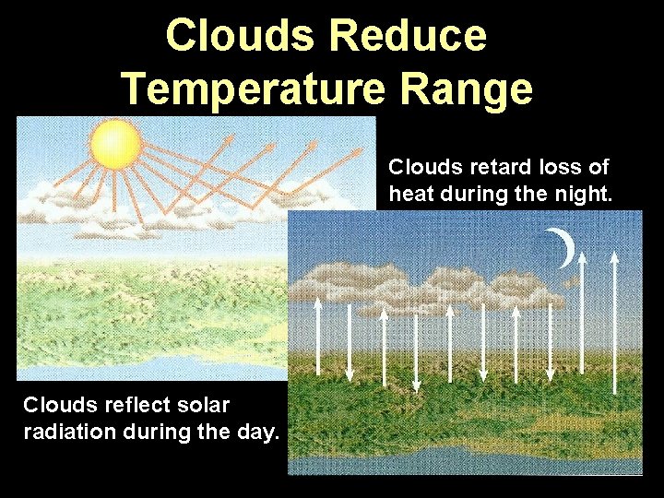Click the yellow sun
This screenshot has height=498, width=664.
tap(115, 144)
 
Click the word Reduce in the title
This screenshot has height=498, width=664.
tap(407, 36)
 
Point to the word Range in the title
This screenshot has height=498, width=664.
tap(480, 89)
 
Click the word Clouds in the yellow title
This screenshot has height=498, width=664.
tap(242, 36)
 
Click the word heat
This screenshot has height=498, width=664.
tap(410, 194)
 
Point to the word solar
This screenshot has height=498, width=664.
tap(200, 405)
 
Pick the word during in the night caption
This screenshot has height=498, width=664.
tap(477, 194)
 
